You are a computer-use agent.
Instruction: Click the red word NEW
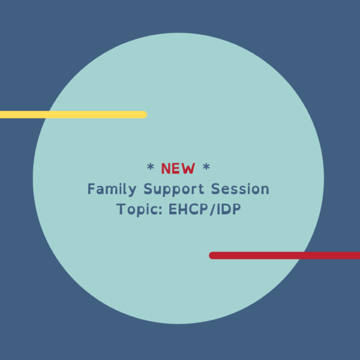coord(178,169)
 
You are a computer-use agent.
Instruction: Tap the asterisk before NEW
coord(150,167)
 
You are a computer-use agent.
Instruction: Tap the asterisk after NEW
coord(206,167)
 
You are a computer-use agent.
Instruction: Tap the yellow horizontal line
coord(72,115)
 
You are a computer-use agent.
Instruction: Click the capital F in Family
coord(91,190)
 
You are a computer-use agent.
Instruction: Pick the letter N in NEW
coord(166,169)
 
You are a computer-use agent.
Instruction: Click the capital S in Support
coord(148,190)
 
